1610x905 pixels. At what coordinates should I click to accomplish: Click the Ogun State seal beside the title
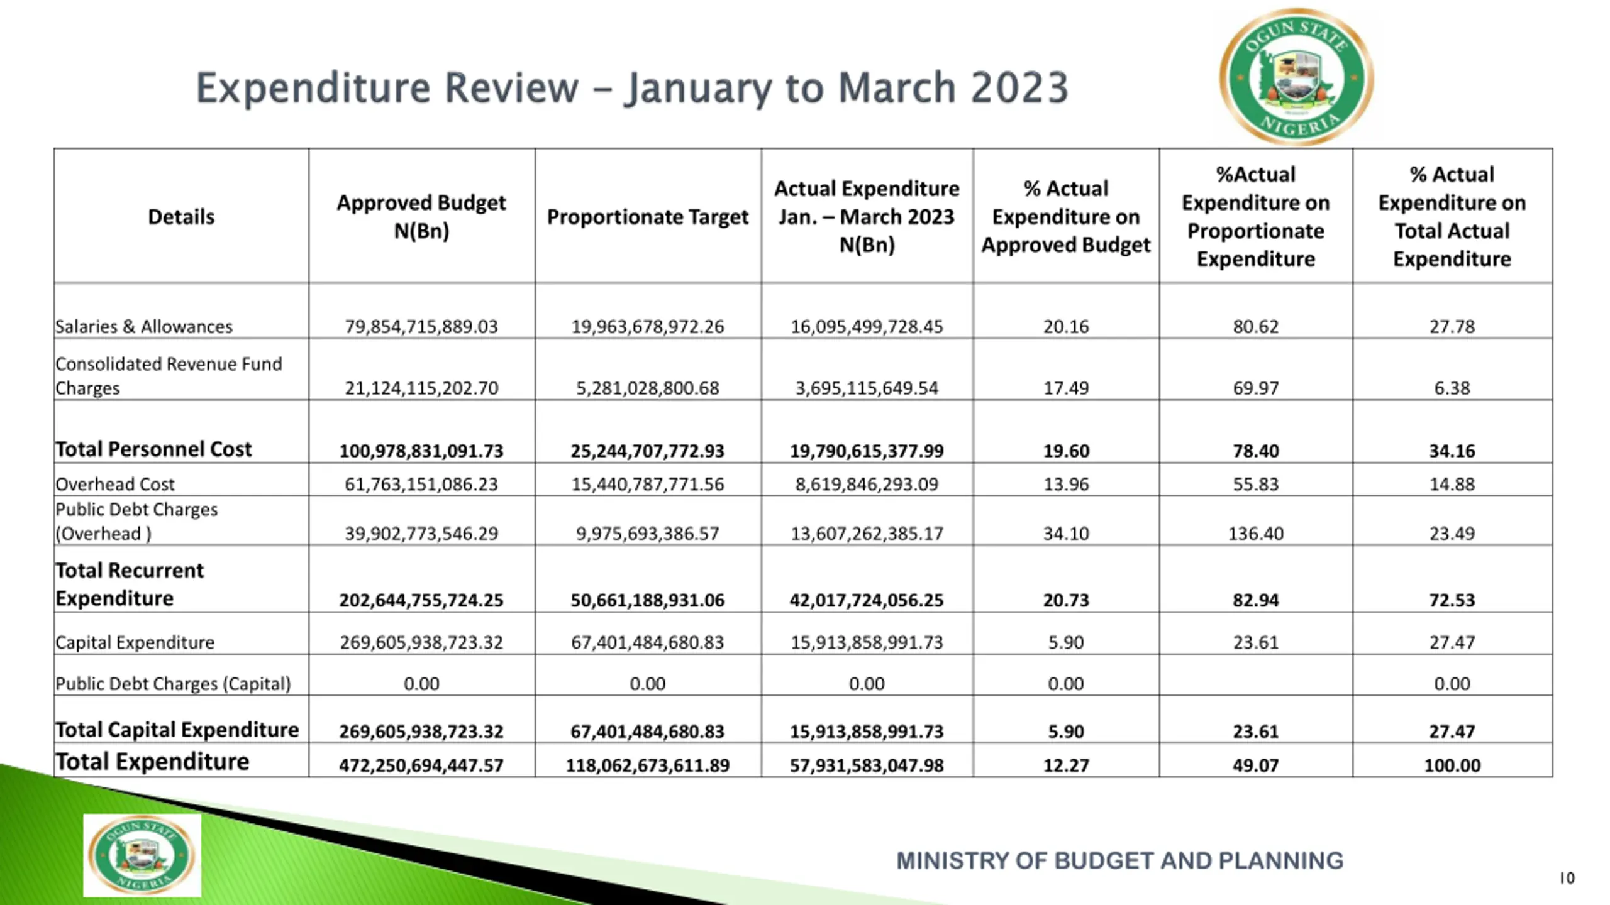1296,77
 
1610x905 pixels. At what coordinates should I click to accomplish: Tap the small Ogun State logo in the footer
142,855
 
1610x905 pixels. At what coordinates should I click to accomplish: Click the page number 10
1567,878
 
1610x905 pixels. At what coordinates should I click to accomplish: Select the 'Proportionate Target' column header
647,217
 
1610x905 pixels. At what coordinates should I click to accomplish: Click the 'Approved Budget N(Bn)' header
421,217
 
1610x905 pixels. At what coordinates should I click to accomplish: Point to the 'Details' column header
181,217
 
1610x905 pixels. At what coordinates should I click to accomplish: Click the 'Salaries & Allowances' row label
144,327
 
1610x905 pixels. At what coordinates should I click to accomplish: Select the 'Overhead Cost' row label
115,484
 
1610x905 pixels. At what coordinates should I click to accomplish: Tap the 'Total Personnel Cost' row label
153,449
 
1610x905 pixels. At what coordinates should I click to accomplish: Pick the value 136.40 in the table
1255,534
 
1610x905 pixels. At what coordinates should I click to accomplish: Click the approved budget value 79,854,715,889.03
421,327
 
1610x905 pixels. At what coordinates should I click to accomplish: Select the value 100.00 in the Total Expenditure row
1452,765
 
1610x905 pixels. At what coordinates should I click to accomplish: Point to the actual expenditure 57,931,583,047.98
867,765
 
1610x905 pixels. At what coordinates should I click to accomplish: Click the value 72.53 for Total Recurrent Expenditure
1452,600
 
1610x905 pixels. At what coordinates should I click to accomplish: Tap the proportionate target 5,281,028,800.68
647,388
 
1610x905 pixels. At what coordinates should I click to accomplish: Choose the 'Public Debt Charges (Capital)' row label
173,684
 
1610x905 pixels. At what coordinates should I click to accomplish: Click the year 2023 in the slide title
1019,88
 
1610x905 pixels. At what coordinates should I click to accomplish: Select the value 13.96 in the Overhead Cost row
1066,484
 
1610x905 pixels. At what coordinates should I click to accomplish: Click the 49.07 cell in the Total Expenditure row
1255,765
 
